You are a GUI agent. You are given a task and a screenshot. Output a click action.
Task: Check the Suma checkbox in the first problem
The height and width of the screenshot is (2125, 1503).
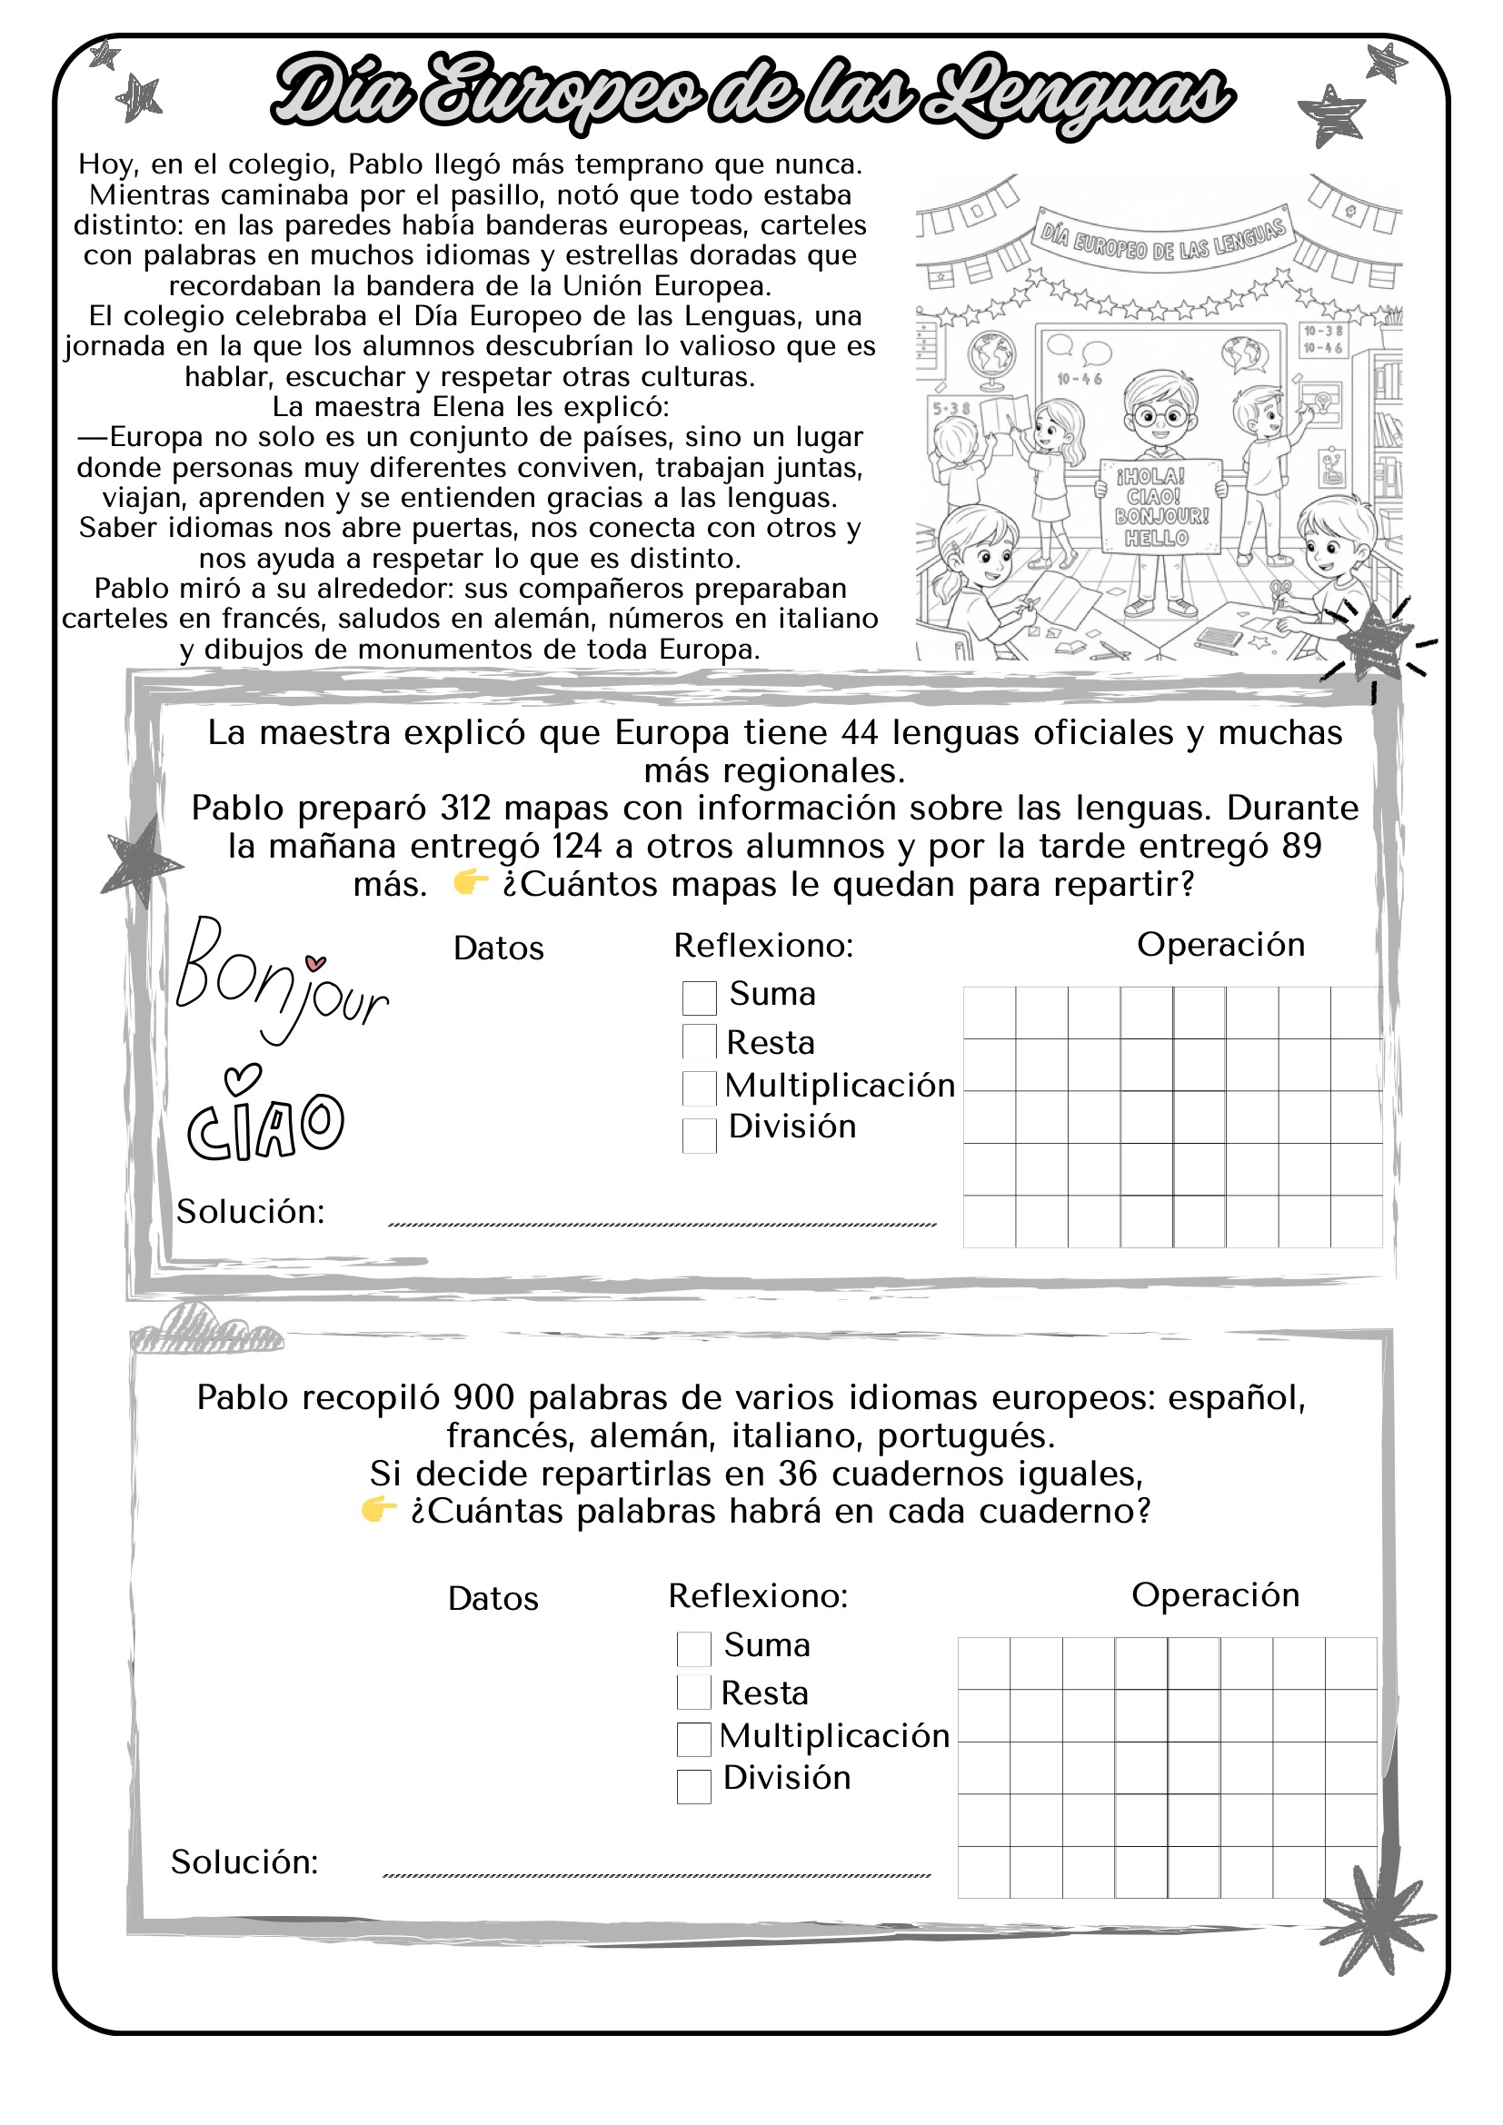coord(699,998)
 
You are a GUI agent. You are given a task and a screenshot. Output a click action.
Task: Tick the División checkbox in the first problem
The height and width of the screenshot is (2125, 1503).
coord(699,1135)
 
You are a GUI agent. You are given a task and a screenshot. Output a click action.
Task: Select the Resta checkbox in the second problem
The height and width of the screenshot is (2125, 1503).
coord(693,1693)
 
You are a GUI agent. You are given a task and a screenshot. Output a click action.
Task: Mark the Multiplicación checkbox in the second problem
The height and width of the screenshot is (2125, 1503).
coord(693,1739)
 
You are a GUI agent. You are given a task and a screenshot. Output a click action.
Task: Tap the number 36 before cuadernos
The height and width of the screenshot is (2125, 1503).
coord(797,1474)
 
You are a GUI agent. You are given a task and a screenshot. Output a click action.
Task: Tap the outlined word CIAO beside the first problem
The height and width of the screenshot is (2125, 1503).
coord(265,1124)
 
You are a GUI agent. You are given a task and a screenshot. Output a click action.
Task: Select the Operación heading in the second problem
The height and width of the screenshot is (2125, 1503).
coord(1215,1594)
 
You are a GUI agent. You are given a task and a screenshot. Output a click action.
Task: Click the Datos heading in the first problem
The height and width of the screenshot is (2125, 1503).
coord(498,948)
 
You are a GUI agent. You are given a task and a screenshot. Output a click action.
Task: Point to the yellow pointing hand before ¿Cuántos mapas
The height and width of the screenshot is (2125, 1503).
coord(470,883)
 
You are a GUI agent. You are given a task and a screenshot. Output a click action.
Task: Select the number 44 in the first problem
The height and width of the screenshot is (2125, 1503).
coord(859,733)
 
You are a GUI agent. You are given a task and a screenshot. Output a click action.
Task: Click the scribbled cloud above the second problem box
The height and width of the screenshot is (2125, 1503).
coord(205,1330)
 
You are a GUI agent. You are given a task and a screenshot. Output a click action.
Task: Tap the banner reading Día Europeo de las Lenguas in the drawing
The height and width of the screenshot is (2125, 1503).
coord(1162,239)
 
